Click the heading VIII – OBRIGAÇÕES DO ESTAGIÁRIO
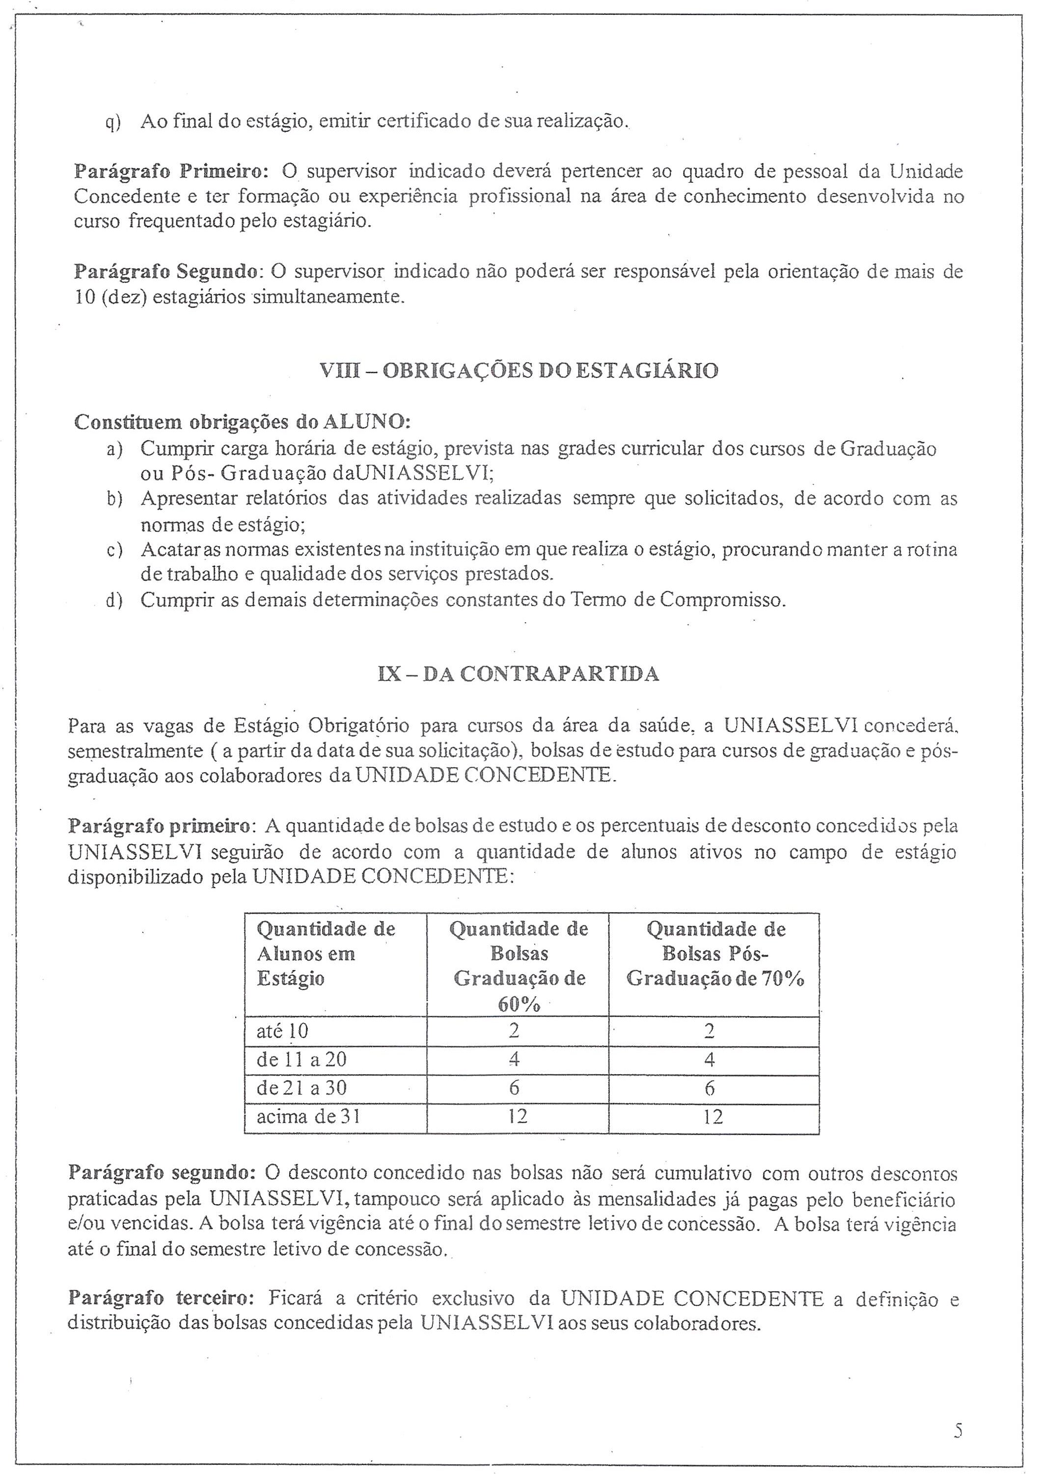[x=519, y=371]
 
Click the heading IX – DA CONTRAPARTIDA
[x=519, y=674]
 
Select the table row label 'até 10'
[x=282, y=1031]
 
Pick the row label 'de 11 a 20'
[x=301, y=1059]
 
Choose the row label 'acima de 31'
[x=308, y=1117]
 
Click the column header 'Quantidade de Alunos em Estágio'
[x=326, y=953]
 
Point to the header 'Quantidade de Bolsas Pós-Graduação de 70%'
[x=715, y=953]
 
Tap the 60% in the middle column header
[x=519, y=1004]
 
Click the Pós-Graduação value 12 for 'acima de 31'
[x=712, y=1117]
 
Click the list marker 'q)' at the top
[x=113, y=121]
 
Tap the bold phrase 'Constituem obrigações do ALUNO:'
[x=243, y=422]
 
